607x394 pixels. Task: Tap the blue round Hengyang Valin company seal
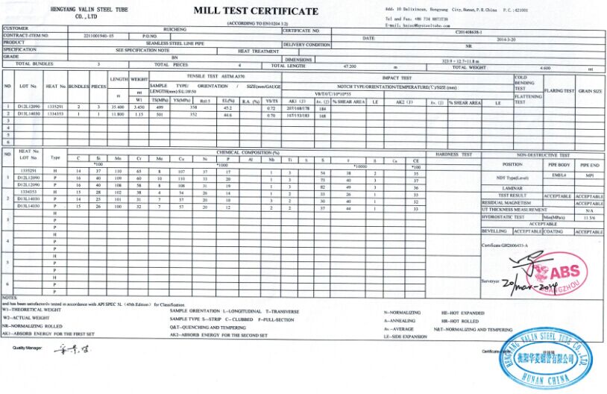pyautogui.click(x=542, y=358)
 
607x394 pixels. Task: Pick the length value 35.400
pyautogui.click(x=118, y=107)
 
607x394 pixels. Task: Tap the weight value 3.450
pyautogui.click(x=139, y=107)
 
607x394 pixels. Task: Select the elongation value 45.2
pyautogui.click(x=227, y=107)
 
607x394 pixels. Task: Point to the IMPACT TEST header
pyautogui.click(x=397, y=77)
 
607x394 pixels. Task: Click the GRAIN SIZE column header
pyautogui.click(x=590, y=90)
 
